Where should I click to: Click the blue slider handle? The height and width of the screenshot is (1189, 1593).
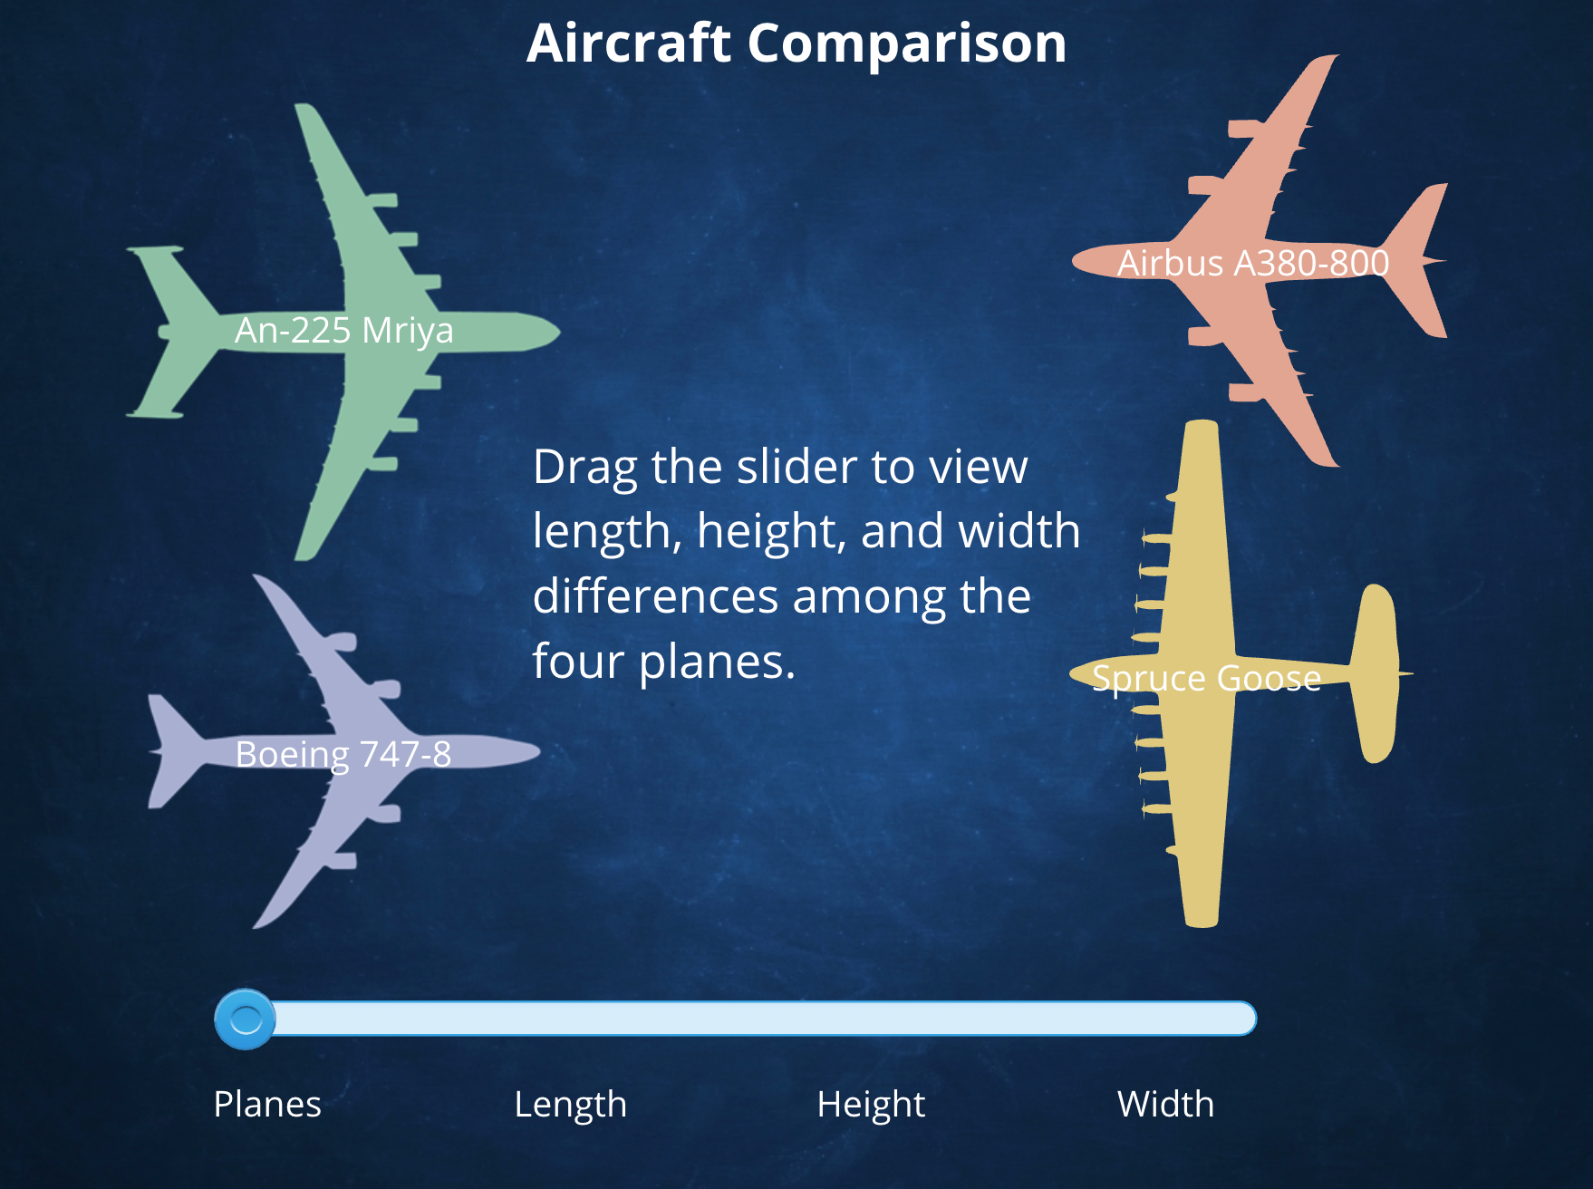coord(245,1020)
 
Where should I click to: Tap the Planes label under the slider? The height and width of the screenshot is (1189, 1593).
coord(267,1104)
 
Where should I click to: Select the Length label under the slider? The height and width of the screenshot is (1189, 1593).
coord(570,1104)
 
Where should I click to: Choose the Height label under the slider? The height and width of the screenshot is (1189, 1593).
coord(871,1104)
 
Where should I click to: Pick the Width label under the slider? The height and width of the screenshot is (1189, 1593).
coord(1165,1104)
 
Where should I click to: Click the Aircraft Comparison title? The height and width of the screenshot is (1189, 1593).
coord(796,43)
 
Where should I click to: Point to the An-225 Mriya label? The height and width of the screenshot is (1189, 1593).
coord(343,330)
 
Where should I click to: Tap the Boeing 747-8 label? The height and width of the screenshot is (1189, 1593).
coord(343,754)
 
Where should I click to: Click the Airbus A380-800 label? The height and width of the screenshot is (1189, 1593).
coord(1252,263)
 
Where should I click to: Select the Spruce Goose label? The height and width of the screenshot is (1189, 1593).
coord(1206,678)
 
